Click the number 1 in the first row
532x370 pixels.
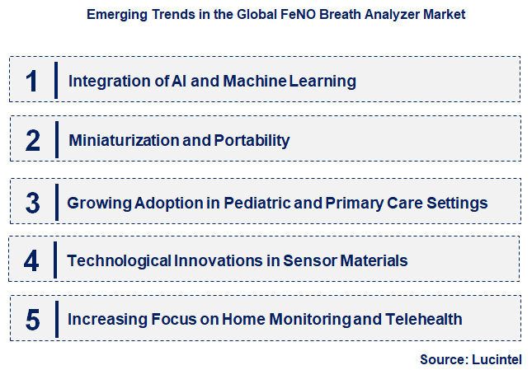tap(32, 81)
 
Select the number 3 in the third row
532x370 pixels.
tap(33, 203)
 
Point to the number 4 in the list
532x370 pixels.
tap(31, 261)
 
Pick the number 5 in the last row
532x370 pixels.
tap(33, 320)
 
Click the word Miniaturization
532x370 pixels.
tap(123, 141)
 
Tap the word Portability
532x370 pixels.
tap(252, 141)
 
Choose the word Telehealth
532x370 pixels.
tap(422, 319)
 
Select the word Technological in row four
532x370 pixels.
tap(120, 261)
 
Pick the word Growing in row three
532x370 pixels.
tap(97, 203)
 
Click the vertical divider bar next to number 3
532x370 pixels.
tap(57, 203)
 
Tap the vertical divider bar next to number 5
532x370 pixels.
tap(56, 319)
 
